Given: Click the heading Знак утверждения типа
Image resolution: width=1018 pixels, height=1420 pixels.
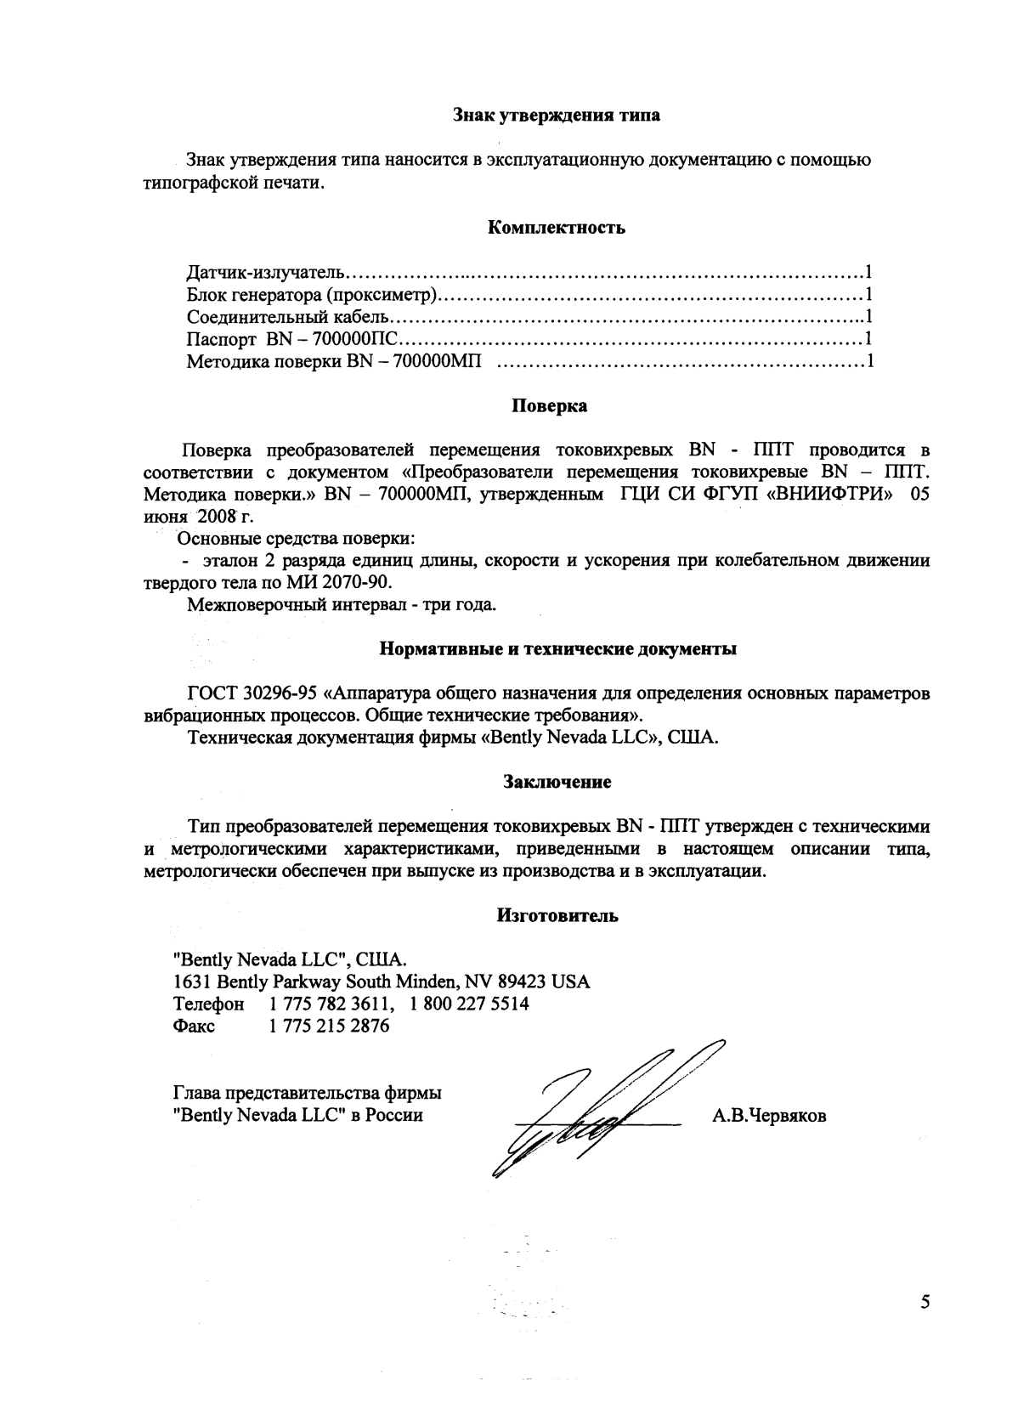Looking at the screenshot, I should click(557, 116).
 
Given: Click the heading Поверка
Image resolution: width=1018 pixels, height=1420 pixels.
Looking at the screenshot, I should click(549, 406).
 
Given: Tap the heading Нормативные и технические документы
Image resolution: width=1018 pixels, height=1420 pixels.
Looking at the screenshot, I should click(557, 649).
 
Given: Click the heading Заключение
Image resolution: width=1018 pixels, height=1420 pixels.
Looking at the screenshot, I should click(557, 782).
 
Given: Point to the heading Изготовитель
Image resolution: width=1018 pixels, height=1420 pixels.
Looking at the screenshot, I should click(557, 916).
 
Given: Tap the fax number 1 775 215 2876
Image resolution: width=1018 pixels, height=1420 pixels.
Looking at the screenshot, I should click(329, 1026).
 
